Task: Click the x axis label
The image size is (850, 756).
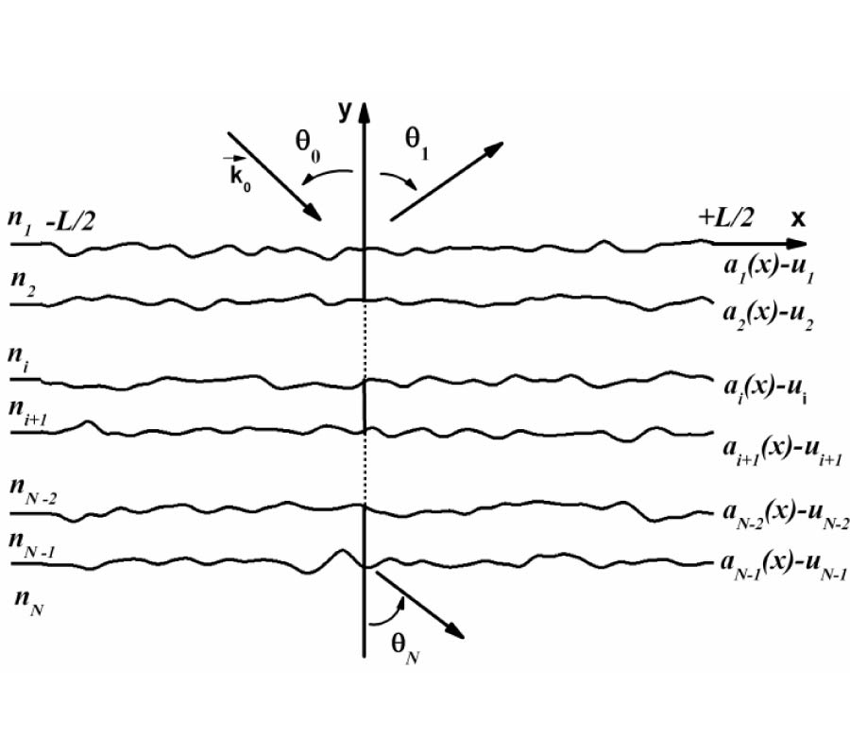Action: [x=798, y=218]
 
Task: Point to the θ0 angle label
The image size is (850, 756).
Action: [x=307, y=146]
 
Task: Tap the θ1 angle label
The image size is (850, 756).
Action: [x=416, y=144]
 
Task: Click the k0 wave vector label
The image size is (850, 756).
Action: [x=238, y=174]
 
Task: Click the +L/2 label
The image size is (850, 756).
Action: [x=726, y=218]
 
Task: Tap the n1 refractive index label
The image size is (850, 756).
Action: [x=19, y=222]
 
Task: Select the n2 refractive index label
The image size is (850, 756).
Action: [x=24, y=283]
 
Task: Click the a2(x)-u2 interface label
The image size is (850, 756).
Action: [x=768, y=316]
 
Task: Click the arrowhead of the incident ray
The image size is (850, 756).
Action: [x=314, y=212]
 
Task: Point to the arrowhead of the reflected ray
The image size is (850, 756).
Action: [x=493, y=148]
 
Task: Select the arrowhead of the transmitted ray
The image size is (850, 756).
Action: [x=455, y=630]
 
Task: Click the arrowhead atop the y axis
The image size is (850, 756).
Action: [x=365, y=112]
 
